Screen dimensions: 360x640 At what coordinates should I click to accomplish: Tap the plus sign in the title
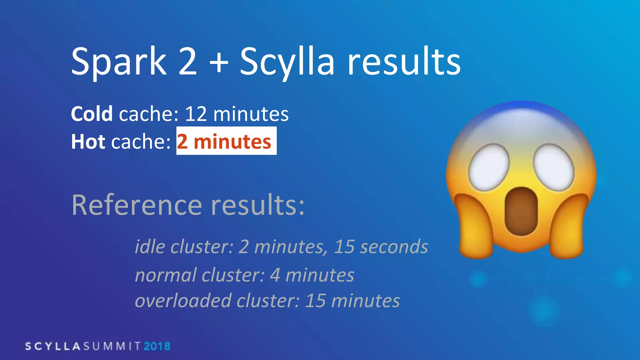[219, 62]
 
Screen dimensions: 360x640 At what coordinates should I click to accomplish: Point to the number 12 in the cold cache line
[196, 114]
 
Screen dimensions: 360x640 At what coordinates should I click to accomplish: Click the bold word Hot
[88, 142]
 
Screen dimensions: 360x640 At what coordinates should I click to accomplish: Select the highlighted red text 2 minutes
[224, 142]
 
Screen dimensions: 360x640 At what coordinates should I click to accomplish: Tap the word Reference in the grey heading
[137, 205]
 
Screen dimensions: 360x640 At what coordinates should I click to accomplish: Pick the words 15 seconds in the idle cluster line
[381, 247]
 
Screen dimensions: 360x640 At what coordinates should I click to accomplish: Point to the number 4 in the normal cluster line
[275, 275]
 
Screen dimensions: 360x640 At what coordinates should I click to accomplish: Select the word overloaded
[183, 301]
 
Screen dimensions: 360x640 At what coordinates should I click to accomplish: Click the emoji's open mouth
[521, 211]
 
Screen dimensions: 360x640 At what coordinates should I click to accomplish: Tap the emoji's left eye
[489, 167]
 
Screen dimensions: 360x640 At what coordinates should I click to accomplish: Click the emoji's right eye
[554, 167]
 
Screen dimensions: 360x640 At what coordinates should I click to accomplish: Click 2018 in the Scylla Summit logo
[157, 346]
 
